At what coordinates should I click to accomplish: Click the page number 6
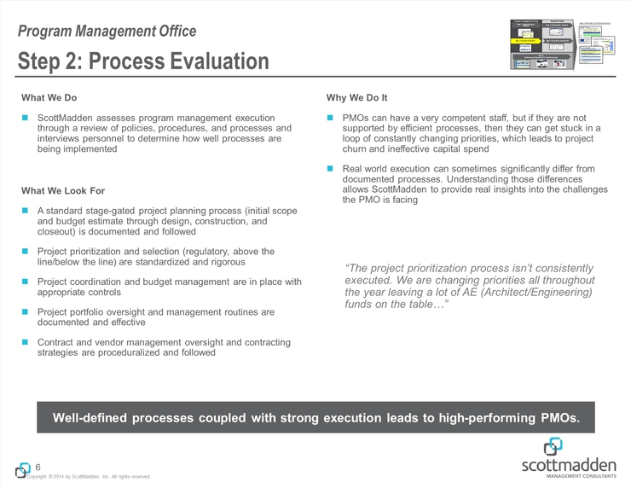click(38, 467)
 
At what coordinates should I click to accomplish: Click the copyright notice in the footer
click(90, 476)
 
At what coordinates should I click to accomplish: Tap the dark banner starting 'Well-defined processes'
click(315, 418)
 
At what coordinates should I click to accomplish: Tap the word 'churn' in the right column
click(357, 149)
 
